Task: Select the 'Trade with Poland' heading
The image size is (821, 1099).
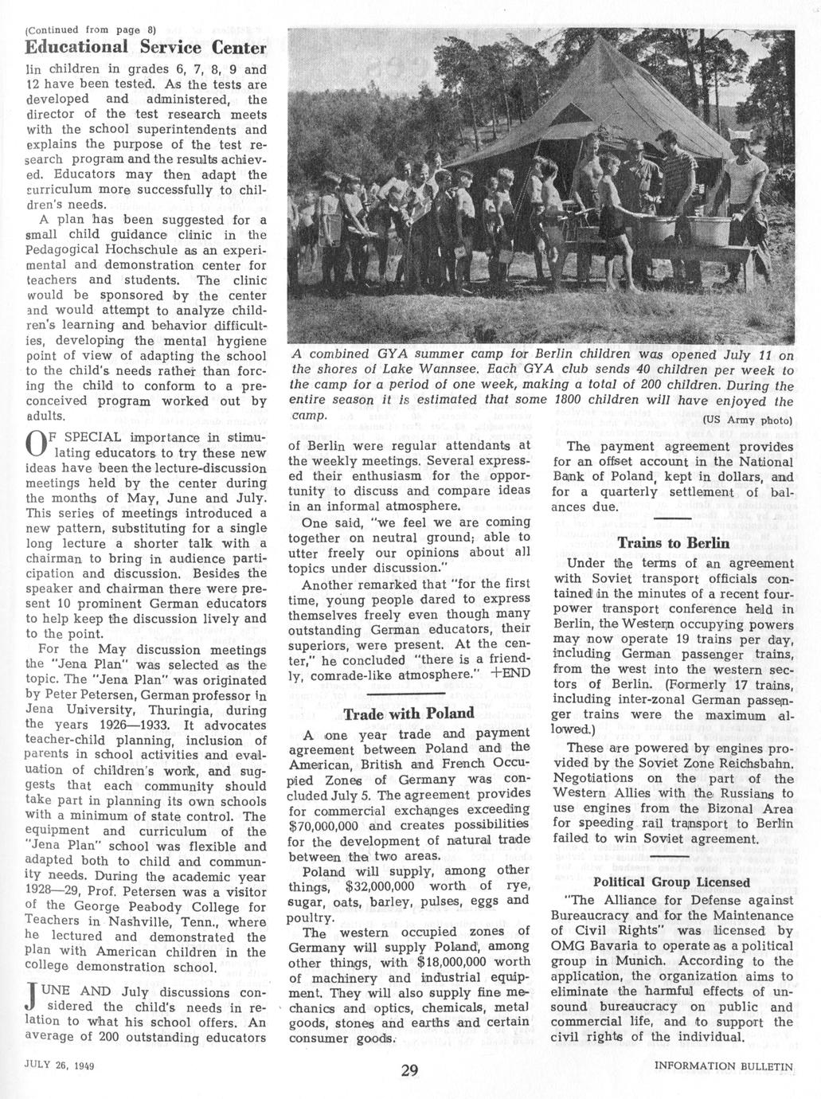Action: pos(409,713)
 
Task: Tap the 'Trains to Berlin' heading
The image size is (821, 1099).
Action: pos(673,543)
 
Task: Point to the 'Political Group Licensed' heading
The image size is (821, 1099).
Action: pos(671,882)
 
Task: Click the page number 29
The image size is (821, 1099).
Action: pos(409,1070)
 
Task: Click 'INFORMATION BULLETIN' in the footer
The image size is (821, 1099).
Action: pos(724,1066)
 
